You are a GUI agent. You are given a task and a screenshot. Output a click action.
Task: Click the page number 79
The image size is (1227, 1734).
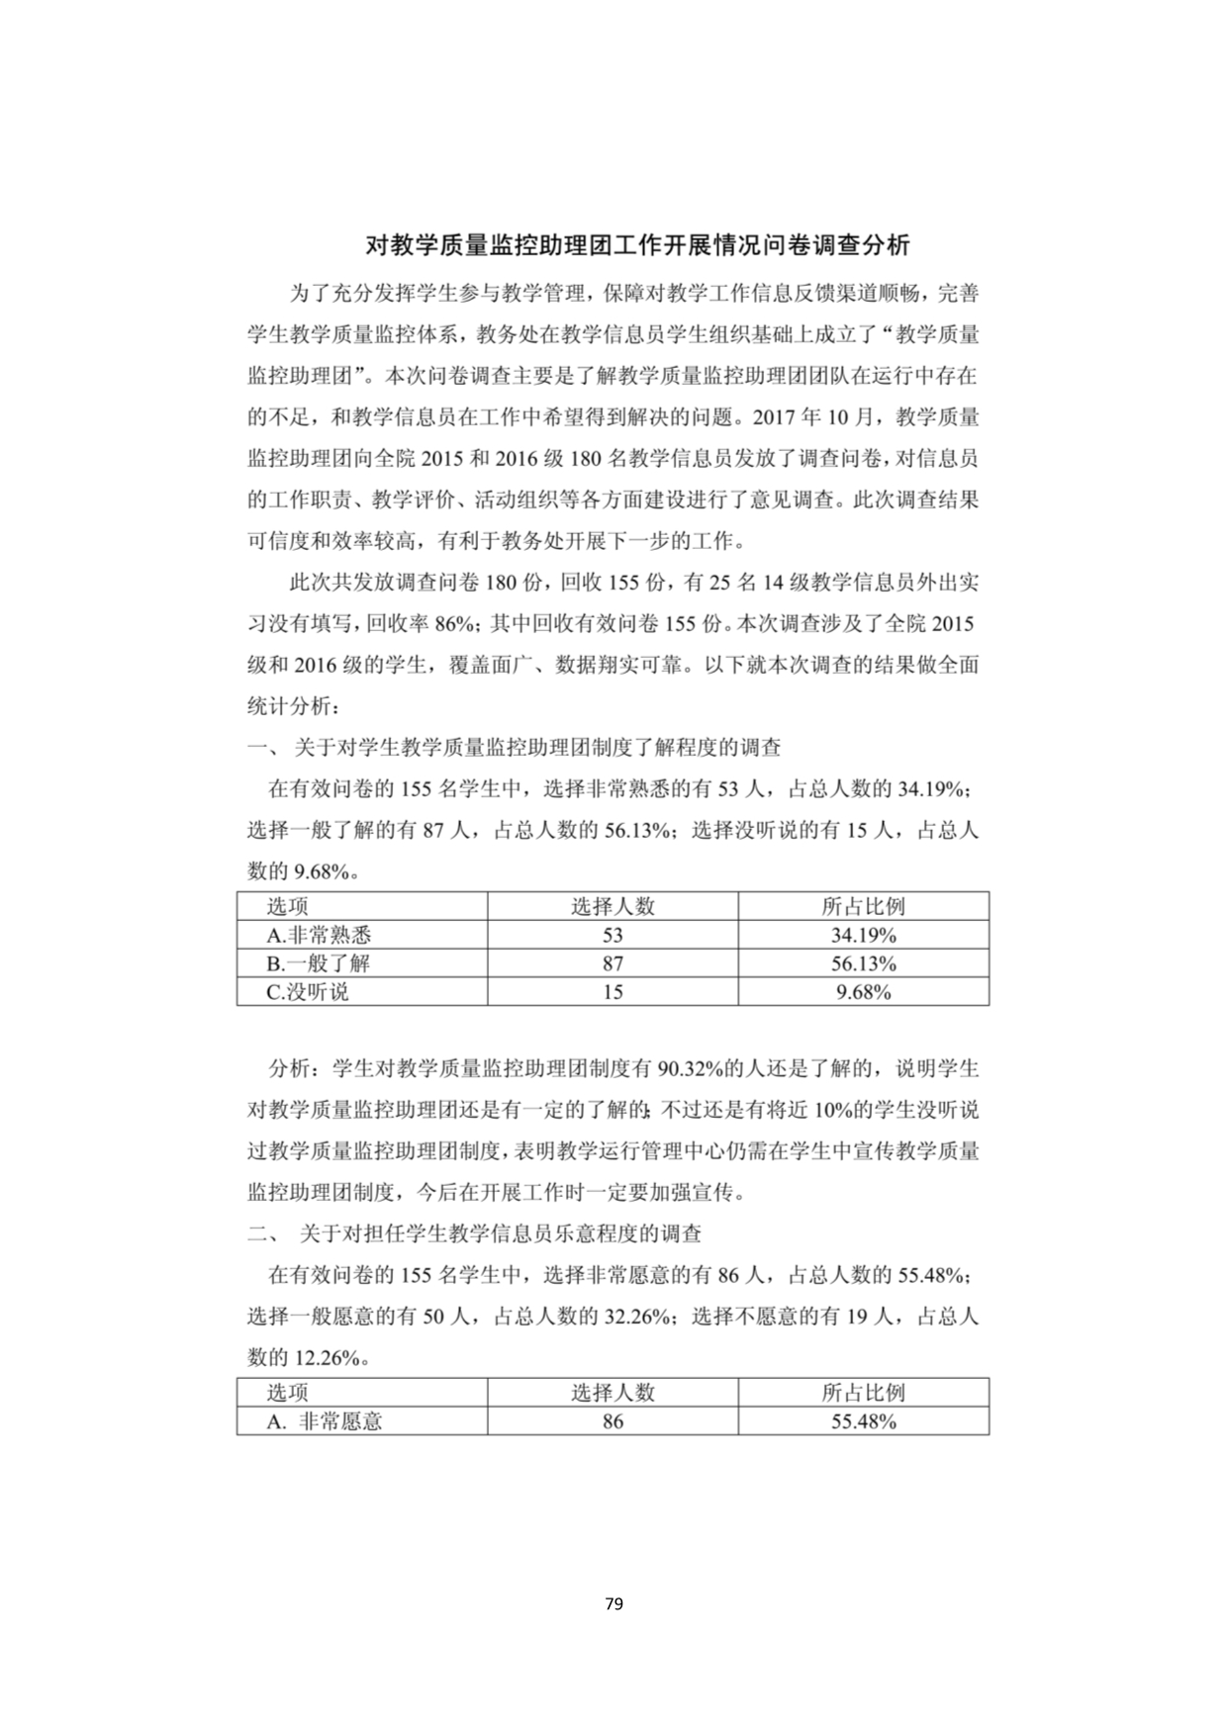[x=613, y=1603]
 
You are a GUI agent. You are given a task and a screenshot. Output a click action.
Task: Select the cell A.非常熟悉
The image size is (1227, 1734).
[x=319, y=935]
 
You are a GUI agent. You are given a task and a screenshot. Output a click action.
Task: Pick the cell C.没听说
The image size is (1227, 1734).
[x=308, y=992]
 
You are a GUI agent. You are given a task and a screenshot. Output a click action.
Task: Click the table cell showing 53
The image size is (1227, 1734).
[x=613, y=935]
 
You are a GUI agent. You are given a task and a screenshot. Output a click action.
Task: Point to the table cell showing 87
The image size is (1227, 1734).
[x=613, y=963]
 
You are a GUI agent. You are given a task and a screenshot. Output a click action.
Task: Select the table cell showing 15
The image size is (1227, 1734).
[x=613, y=992]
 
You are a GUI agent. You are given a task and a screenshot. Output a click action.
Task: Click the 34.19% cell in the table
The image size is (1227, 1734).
[x=863, y=935]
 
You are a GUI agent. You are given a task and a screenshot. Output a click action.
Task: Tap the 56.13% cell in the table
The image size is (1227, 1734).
[x=863, y=963]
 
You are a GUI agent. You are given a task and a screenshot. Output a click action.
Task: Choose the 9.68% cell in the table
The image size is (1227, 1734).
[x=863, y=992]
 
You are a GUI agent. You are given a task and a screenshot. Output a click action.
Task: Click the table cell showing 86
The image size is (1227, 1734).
[x=613, y=1421]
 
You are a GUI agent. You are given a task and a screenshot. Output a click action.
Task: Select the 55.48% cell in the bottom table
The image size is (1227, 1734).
[x=863, y=1421]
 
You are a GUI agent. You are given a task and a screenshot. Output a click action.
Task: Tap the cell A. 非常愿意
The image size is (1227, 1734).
[x=325, y=1421]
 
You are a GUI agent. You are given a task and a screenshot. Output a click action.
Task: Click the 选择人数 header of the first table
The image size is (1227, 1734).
[x=613, y=906]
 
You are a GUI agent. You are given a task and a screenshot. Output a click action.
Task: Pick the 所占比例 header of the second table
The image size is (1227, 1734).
[x=863, y=1393]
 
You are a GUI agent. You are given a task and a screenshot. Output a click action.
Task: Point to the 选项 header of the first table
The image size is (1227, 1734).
[x=288, y=906]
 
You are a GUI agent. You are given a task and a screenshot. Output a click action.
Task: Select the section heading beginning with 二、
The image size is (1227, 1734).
[x=475, y=1233]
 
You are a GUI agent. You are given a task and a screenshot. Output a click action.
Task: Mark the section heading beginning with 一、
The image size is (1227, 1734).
[x=515, y=748]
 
